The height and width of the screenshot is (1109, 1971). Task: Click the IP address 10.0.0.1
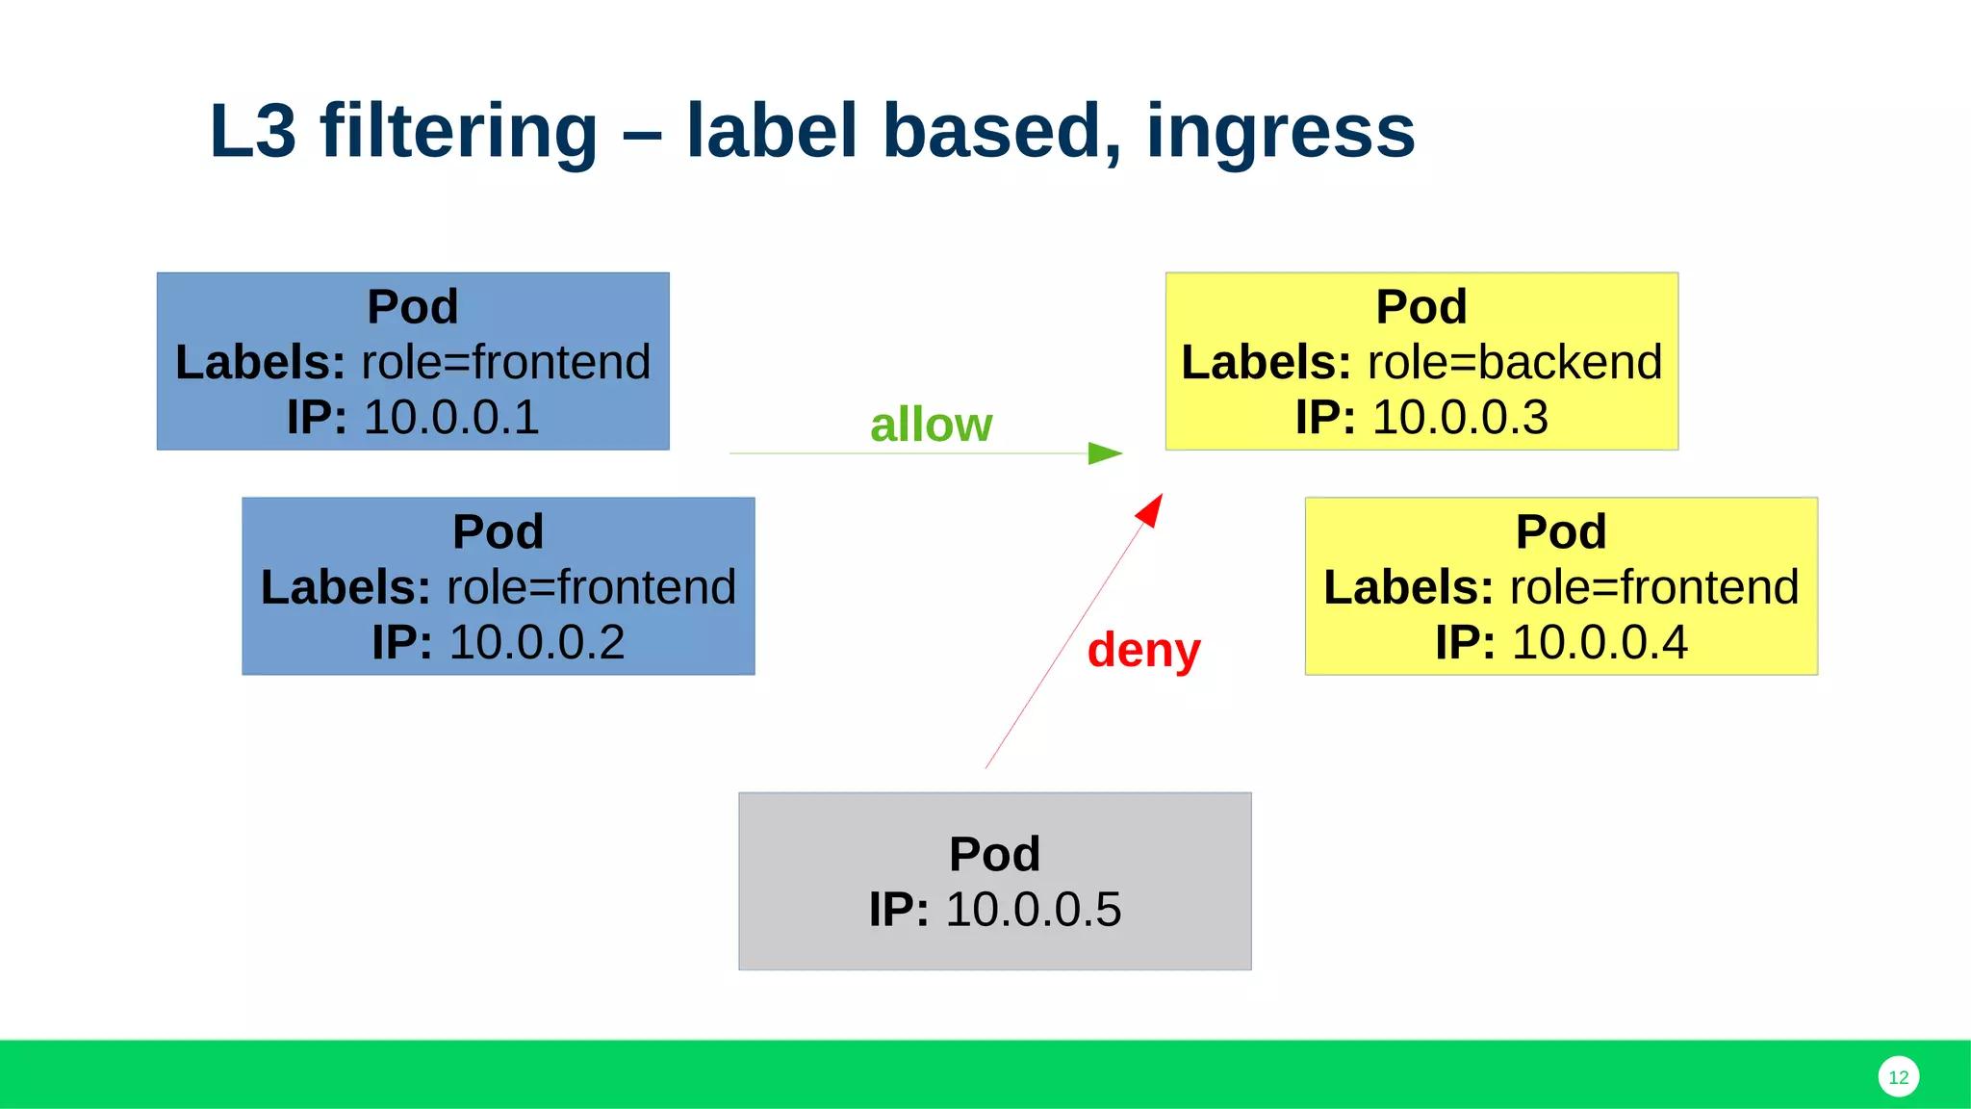click(x=450, y=418)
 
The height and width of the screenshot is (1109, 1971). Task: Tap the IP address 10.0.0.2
click(x=536, y=643)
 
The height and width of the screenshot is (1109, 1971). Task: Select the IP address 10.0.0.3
click(x=1459, y=418)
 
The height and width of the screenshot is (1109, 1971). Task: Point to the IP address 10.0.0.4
click(x=1600, y=643)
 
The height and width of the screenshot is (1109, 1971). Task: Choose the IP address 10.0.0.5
click(x=1033, y=910)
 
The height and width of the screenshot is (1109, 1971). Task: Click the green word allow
click(x=931, y=425)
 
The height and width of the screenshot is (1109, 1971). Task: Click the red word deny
click(x=1143, y=650)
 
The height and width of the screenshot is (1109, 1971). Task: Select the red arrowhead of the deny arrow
click(x=1150, y=510)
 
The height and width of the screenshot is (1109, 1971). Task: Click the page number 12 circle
click(x=1898, y=1077)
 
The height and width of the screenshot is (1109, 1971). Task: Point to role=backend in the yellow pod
click(x=1514, y=363)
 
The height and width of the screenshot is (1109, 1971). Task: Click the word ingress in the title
click(x=1280, y=131)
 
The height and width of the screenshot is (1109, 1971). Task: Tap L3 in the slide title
click(x=252, y=131)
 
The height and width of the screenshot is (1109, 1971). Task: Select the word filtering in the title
click(x=458, y=131)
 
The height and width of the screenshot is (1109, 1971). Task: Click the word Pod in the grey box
click(x=994, y=854)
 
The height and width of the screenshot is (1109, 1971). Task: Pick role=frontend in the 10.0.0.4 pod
click(x=1653, y=587)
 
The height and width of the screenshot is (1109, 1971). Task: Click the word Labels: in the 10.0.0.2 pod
click(x=346, y=587)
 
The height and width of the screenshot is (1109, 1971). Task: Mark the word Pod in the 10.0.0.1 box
click(x=413, y=307)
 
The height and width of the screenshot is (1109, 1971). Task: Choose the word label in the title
click(x=771, y=131)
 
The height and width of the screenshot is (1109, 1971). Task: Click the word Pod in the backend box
click(x=1421, y=307)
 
